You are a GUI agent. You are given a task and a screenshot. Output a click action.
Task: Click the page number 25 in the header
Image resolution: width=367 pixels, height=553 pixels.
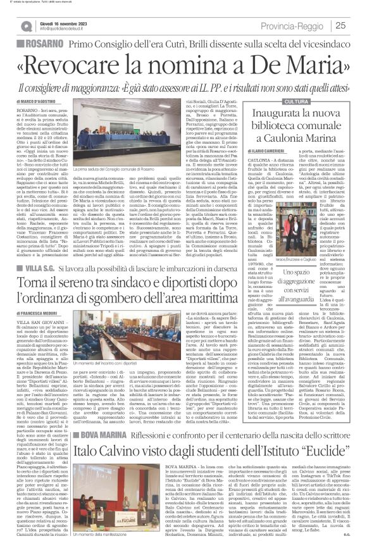coord(356,25)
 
